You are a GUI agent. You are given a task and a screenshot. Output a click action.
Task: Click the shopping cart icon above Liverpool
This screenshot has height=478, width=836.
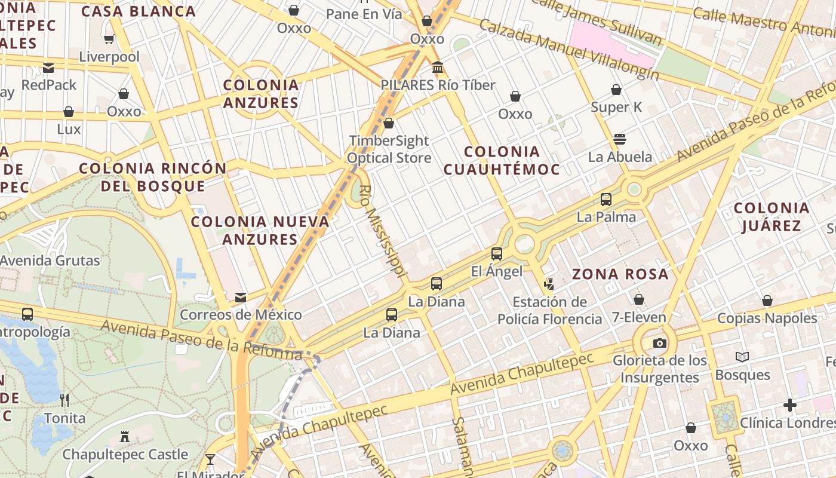pyautogui.click(x=109, y=39)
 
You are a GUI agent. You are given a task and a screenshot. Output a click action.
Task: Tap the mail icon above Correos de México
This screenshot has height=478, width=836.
pyautogui.click(x=240, y=298)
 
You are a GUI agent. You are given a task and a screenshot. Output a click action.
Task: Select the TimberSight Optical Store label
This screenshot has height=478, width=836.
pyautogui.click(x=389, y=149)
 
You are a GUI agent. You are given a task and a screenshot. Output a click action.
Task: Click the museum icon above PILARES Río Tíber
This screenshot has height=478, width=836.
pyautogui.click(x=438, y=68)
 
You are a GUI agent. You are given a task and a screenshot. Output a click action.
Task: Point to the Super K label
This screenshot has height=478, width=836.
pyautogui.click(x=616, y=108)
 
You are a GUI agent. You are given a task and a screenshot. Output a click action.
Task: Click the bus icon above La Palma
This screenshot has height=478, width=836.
pyautogui.click(x=606, y=200)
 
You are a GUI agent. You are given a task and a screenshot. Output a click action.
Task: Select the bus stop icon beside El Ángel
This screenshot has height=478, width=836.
pyautogui.click(x=497, y=254)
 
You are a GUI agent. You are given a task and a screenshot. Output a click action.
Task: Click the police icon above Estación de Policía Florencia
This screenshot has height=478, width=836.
pyautogui.click(x=549, y=285)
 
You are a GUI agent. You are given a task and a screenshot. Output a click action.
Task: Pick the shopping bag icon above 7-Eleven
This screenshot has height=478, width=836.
pyautogui.click(x=639, y=299)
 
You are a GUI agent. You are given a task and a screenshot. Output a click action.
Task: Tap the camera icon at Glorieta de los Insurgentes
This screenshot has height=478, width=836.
pyautogui.click(x=659, y=343)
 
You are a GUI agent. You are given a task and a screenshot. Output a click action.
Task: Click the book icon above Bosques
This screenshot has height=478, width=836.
pyautogui.click(x=742, y=357)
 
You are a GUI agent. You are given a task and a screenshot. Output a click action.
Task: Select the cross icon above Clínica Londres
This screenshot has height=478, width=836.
pyautogui.click(x=790, y=406)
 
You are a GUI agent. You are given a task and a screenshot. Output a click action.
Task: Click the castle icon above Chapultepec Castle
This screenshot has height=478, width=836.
pyautogui.click(x=125, y=437)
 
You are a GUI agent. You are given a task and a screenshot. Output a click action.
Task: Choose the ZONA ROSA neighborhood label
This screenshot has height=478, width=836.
pyautogui.click(x=620, y=274)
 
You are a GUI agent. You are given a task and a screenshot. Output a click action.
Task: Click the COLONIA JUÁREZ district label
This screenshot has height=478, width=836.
pyautogui.click(x=772, y=217)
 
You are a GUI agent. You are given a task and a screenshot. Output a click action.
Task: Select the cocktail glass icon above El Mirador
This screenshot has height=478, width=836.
pyautogui.click(x=210, y=459)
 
